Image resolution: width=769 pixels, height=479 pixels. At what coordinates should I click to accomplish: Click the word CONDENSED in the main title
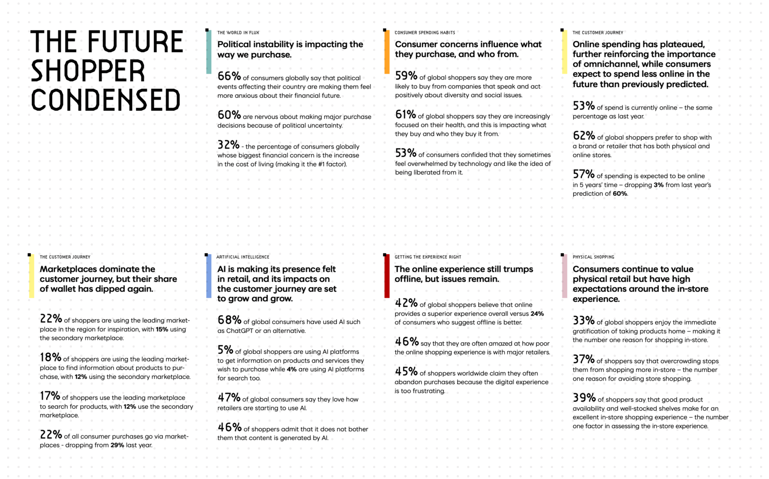pyautogui.click(x=106, y=100)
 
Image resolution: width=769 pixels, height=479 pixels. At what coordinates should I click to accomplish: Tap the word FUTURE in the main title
pyautogui.click(x=135, y=41)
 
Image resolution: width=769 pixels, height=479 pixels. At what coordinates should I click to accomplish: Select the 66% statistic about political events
pyautogui.click(x=229, y=76)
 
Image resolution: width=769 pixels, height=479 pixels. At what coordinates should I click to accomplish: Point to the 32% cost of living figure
pyautogui.click(x=229, y=144)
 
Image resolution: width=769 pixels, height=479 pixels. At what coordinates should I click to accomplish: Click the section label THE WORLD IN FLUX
pyautogui.click(x=238, y=33)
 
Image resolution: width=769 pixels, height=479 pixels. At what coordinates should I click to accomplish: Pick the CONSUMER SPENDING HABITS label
pyautogui.click(x=424, y=33)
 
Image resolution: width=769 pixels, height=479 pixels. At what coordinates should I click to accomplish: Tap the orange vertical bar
pyautogui.click(x=387, y=52)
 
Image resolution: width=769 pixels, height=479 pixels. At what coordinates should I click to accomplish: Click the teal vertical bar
pyautogui.click(x=209, y=52)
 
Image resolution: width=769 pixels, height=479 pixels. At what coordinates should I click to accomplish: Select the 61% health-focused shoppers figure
pyautogui.click(x=406, y=114)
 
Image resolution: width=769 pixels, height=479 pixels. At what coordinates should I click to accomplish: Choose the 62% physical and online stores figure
pyautogui.click(x=584, y=136)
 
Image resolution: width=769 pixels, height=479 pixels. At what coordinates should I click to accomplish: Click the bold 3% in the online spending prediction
pyautogui.click(x=658, y=185)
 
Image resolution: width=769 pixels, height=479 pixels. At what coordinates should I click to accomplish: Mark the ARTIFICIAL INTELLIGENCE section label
pyautogui.click(x=242, y=257)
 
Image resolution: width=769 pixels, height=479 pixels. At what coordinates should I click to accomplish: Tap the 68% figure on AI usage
pyautogui.click(x=230, y=320)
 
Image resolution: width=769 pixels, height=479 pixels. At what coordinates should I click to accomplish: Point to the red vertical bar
pyautogui.click(x=387, y=276)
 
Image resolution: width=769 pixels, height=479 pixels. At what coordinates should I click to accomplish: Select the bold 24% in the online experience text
pyautogui.click(x=537, y=314)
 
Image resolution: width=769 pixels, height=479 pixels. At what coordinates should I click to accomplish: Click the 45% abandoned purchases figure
pyautogui.click(x=406, y=371)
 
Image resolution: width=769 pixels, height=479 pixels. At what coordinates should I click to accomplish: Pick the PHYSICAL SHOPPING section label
pyautogui.click(x=593, y=257)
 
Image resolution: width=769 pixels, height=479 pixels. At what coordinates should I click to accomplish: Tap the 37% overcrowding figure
pyautogui.click(x=583, y=359)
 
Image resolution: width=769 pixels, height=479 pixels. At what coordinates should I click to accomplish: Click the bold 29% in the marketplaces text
pyautogui.click(x=117, y=445)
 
